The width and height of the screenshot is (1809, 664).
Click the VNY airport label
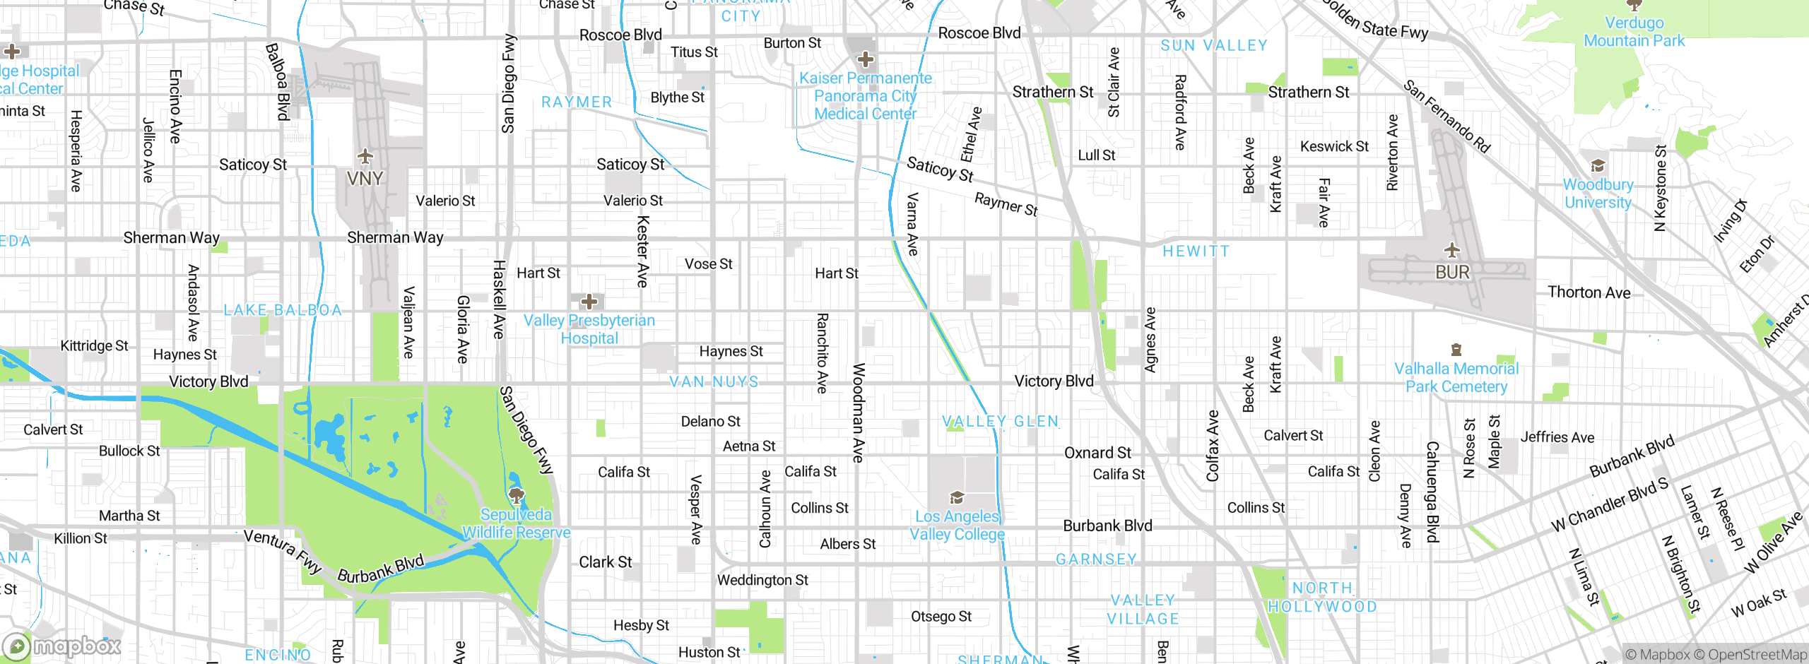(x=365, y=179)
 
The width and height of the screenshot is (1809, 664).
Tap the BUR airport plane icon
(x=1451, y=250)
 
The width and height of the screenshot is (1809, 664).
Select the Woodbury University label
(x=1598, y=194)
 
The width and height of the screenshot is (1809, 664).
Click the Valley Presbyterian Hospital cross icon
(x=589, y=302)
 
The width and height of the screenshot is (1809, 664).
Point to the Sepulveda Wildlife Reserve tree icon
(x=517, y=494)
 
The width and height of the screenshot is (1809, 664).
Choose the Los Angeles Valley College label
(x=957, y=526)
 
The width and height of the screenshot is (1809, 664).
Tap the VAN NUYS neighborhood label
(x=714, y=382)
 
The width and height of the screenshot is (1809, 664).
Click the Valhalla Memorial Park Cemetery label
(x=1456, y=378)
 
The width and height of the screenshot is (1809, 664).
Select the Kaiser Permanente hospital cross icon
(x=865, y=59)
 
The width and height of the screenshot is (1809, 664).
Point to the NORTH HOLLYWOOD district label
(x=1322, y=598)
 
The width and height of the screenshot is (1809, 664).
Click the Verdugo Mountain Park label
(x=1634, y=32)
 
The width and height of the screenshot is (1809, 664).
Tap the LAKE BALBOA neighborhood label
(x=283, y=310)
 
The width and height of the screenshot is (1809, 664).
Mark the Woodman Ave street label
(x=859, y=413)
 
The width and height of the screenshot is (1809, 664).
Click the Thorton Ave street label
(x=1589, y=292)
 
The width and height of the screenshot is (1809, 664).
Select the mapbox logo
(x=62, y=646)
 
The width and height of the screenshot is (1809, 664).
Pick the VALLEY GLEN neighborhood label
(x=1001, y=422)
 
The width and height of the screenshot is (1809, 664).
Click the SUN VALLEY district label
(x=1213, y=46)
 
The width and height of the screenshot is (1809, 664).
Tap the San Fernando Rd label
(x=1446, y=117)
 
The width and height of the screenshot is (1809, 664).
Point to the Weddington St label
(x=762, y=580)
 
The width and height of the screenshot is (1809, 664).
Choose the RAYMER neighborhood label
(x=577, y=102)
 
